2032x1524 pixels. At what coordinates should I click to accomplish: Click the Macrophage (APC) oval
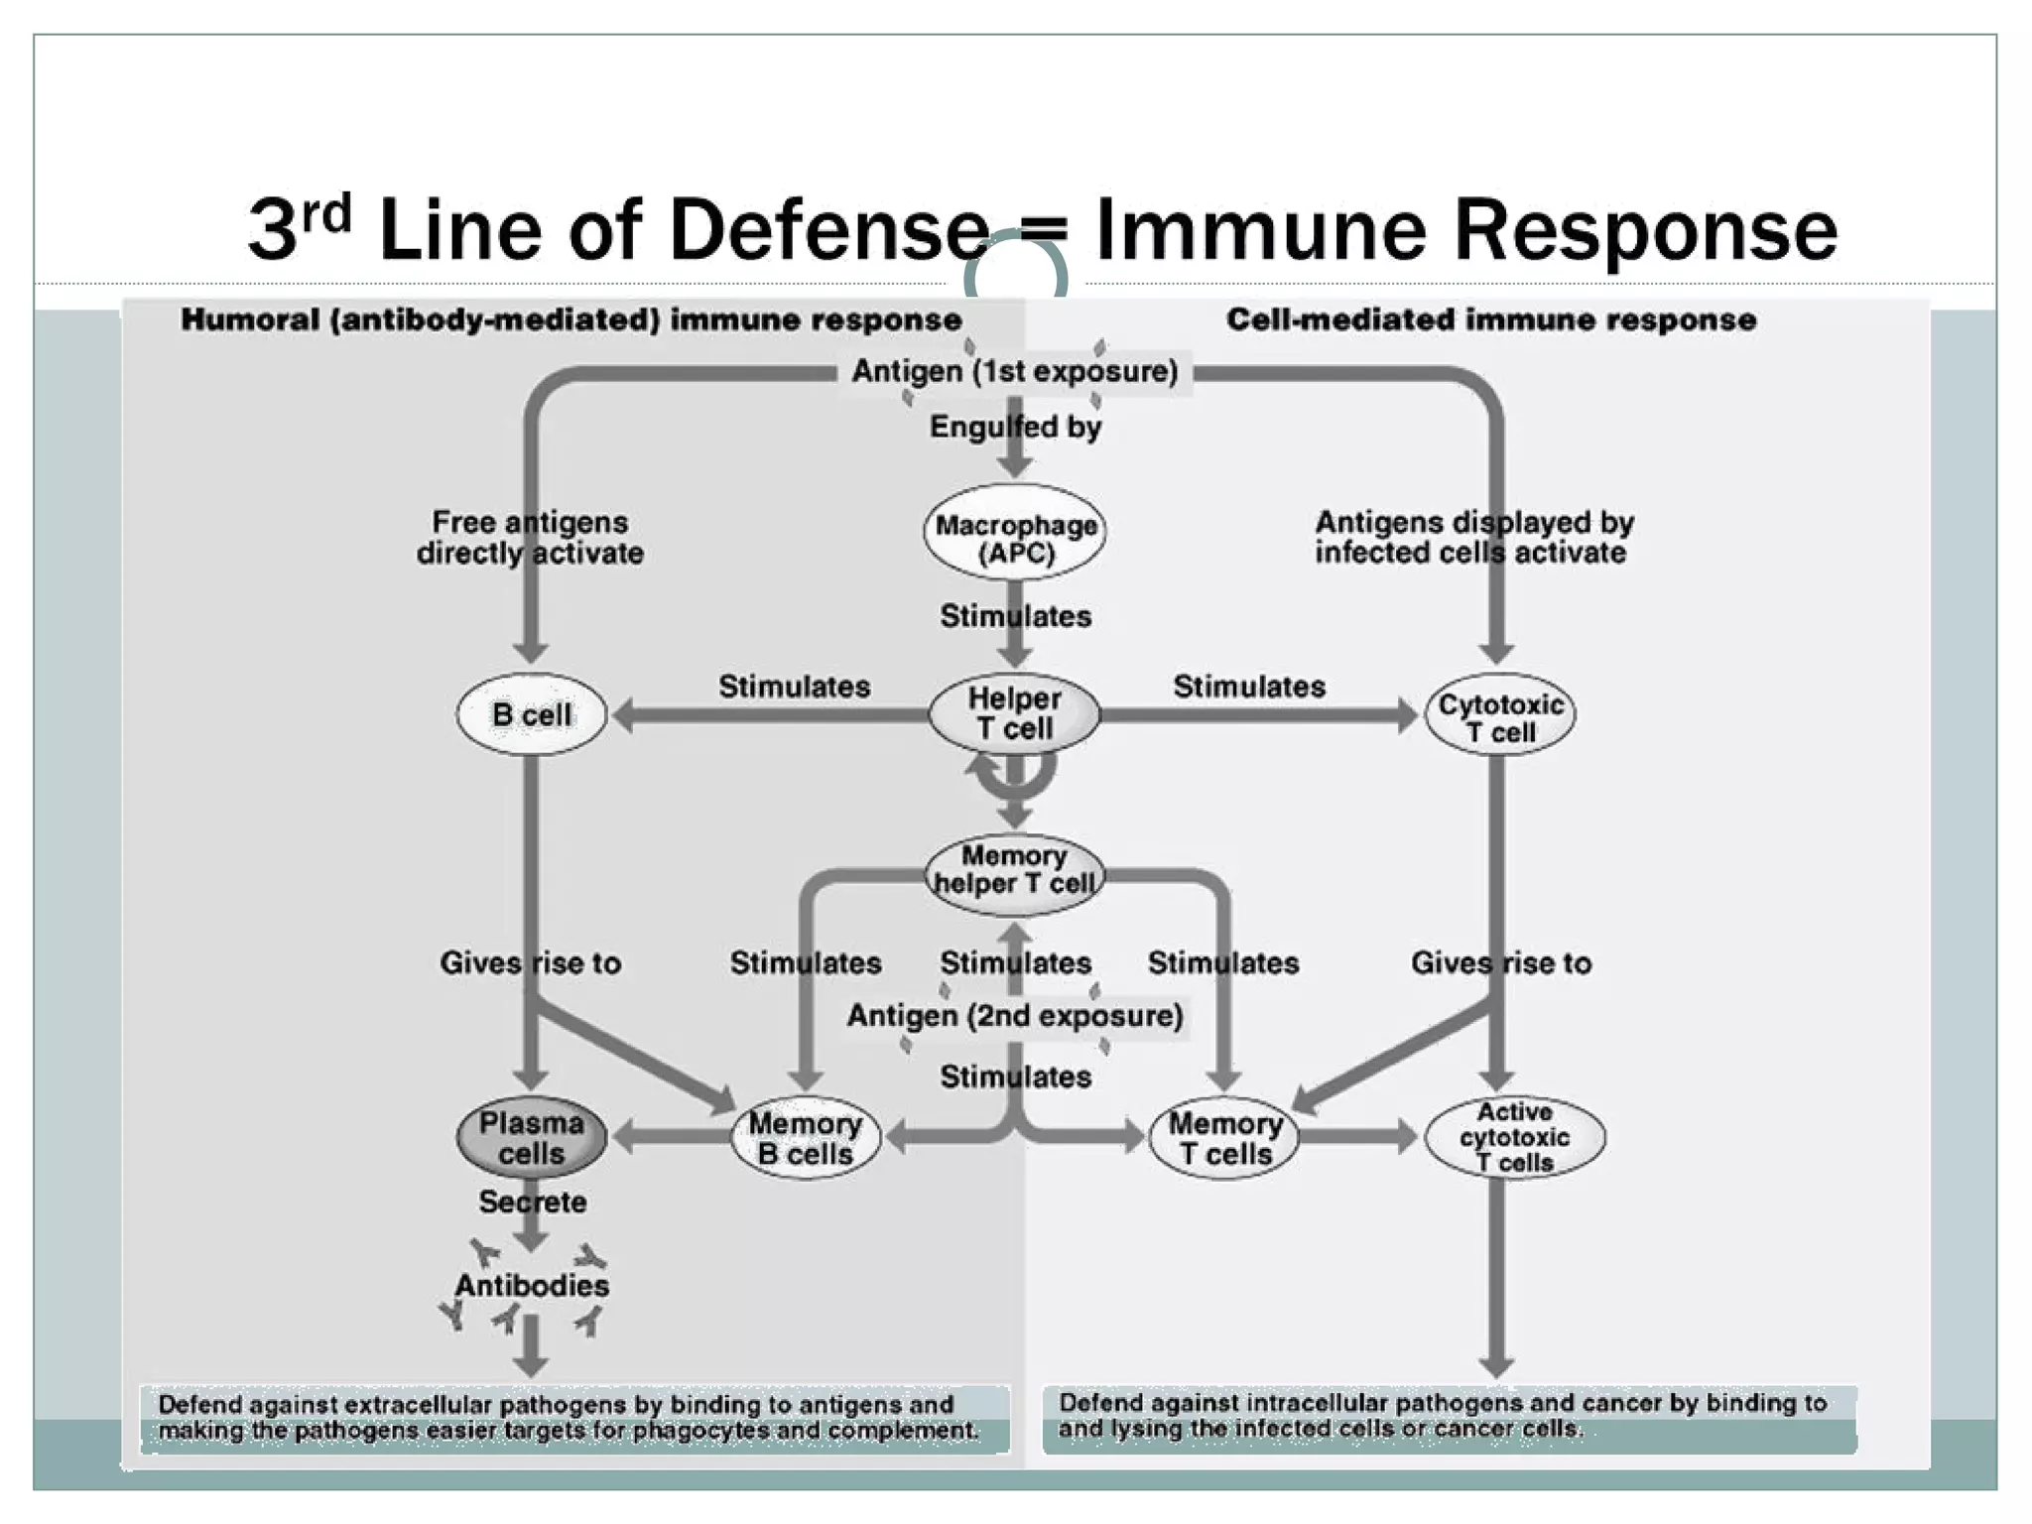(x=1015, y=539)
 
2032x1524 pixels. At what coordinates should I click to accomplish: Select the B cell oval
(x=532, y=714)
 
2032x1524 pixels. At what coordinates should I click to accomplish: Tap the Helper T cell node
(x=1014, y=713)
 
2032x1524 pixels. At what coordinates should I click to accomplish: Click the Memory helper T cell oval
(x=1014, y=870)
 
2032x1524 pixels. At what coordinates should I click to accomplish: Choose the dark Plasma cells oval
(x=532, y=1138)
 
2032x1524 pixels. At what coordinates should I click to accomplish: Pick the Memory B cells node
(x=806, y=1138)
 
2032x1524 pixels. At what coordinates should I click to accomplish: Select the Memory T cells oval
(x=1224, y=1138)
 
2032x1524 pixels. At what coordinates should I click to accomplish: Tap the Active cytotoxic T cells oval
(x=1514, y=1137)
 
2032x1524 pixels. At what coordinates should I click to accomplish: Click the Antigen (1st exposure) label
(x=1015, y=372)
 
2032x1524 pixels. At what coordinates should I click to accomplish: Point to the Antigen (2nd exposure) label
(x=1015, y=1016)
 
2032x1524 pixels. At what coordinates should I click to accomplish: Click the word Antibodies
(x=532, y=1286)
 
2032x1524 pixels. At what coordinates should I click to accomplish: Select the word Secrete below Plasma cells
(x=532, y=1203)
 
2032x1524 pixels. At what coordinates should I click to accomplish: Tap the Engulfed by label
(x=1015, y=427)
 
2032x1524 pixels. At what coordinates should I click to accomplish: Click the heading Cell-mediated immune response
(x=1490, y=319)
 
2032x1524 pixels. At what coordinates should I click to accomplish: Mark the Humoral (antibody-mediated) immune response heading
(x=571, y=319)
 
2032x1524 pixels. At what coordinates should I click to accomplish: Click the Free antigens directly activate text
(x=530, y=537)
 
